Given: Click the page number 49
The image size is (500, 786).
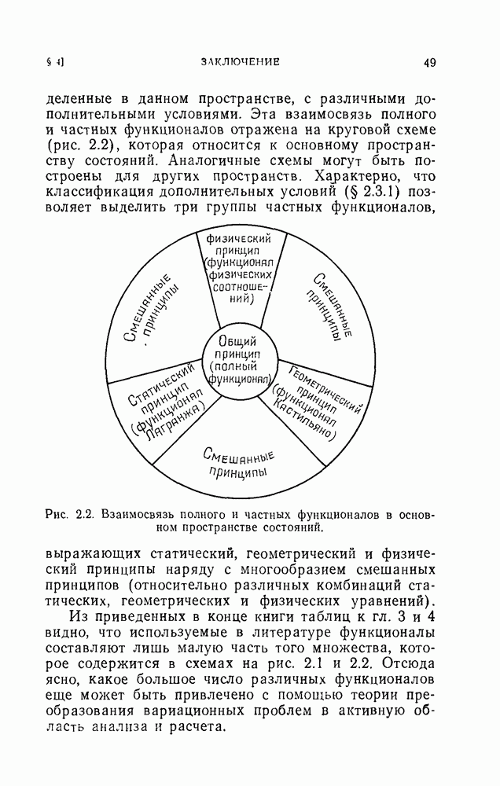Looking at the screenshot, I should [428, 62].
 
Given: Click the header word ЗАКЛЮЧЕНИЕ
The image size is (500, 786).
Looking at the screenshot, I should [240, 62].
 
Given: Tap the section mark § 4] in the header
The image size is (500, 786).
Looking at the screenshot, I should [55, 62].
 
